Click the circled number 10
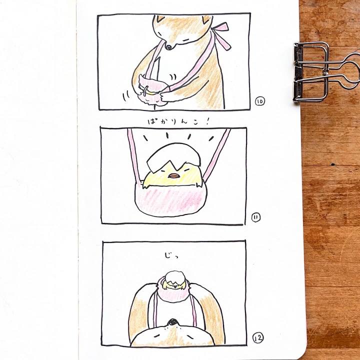(260, 101)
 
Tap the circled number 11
(256, 217)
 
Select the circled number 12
(258, 338)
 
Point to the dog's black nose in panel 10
(169, 47)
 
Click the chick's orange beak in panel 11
(174, 176)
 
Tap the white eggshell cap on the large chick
(174, 157)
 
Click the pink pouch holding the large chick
(170, 199)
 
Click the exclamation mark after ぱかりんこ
(207, 121)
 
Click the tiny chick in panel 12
(174, 281)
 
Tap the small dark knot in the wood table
(333, 164)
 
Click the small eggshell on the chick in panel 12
(175, 277)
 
